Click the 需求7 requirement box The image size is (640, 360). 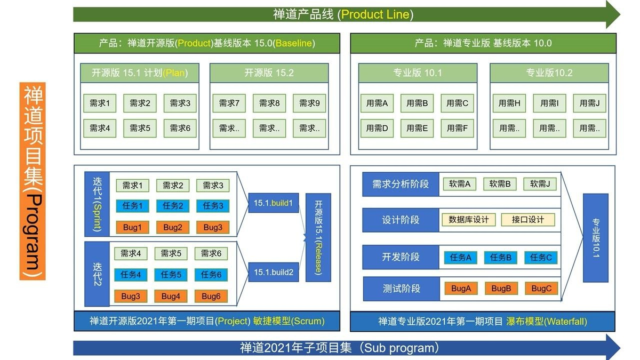[229, 103]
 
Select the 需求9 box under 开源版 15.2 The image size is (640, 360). [309, 103]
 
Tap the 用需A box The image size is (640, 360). [377, 103]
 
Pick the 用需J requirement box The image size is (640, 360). [589, 103]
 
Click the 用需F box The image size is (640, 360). [457, 128]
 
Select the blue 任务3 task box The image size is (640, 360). [213, 206]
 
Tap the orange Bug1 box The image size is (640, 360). [132, 227]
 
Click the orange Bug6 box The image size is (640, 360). [211, 296]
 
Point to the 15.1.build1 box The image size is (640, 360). [273, 203]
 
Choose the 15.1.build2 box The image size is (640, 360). [273, 272]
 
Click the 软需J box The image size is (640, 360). [540, 185]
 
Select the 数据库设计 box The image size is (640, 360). [469, 220]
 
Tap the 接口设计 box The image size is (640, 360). [527, 220]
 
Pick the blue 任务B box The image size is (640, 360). [501, 258]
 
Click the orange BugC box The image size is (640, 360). [541, 289]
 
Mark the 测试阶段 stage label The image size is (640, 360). [401, 289]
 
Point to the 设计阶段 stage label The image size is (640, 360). [401, 220]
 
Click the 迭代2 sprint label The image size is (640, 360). [97, 274]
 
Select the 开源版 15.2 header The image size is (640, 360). [269, 73]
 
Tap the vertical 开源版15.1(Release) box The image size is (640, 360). [318, 237]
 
